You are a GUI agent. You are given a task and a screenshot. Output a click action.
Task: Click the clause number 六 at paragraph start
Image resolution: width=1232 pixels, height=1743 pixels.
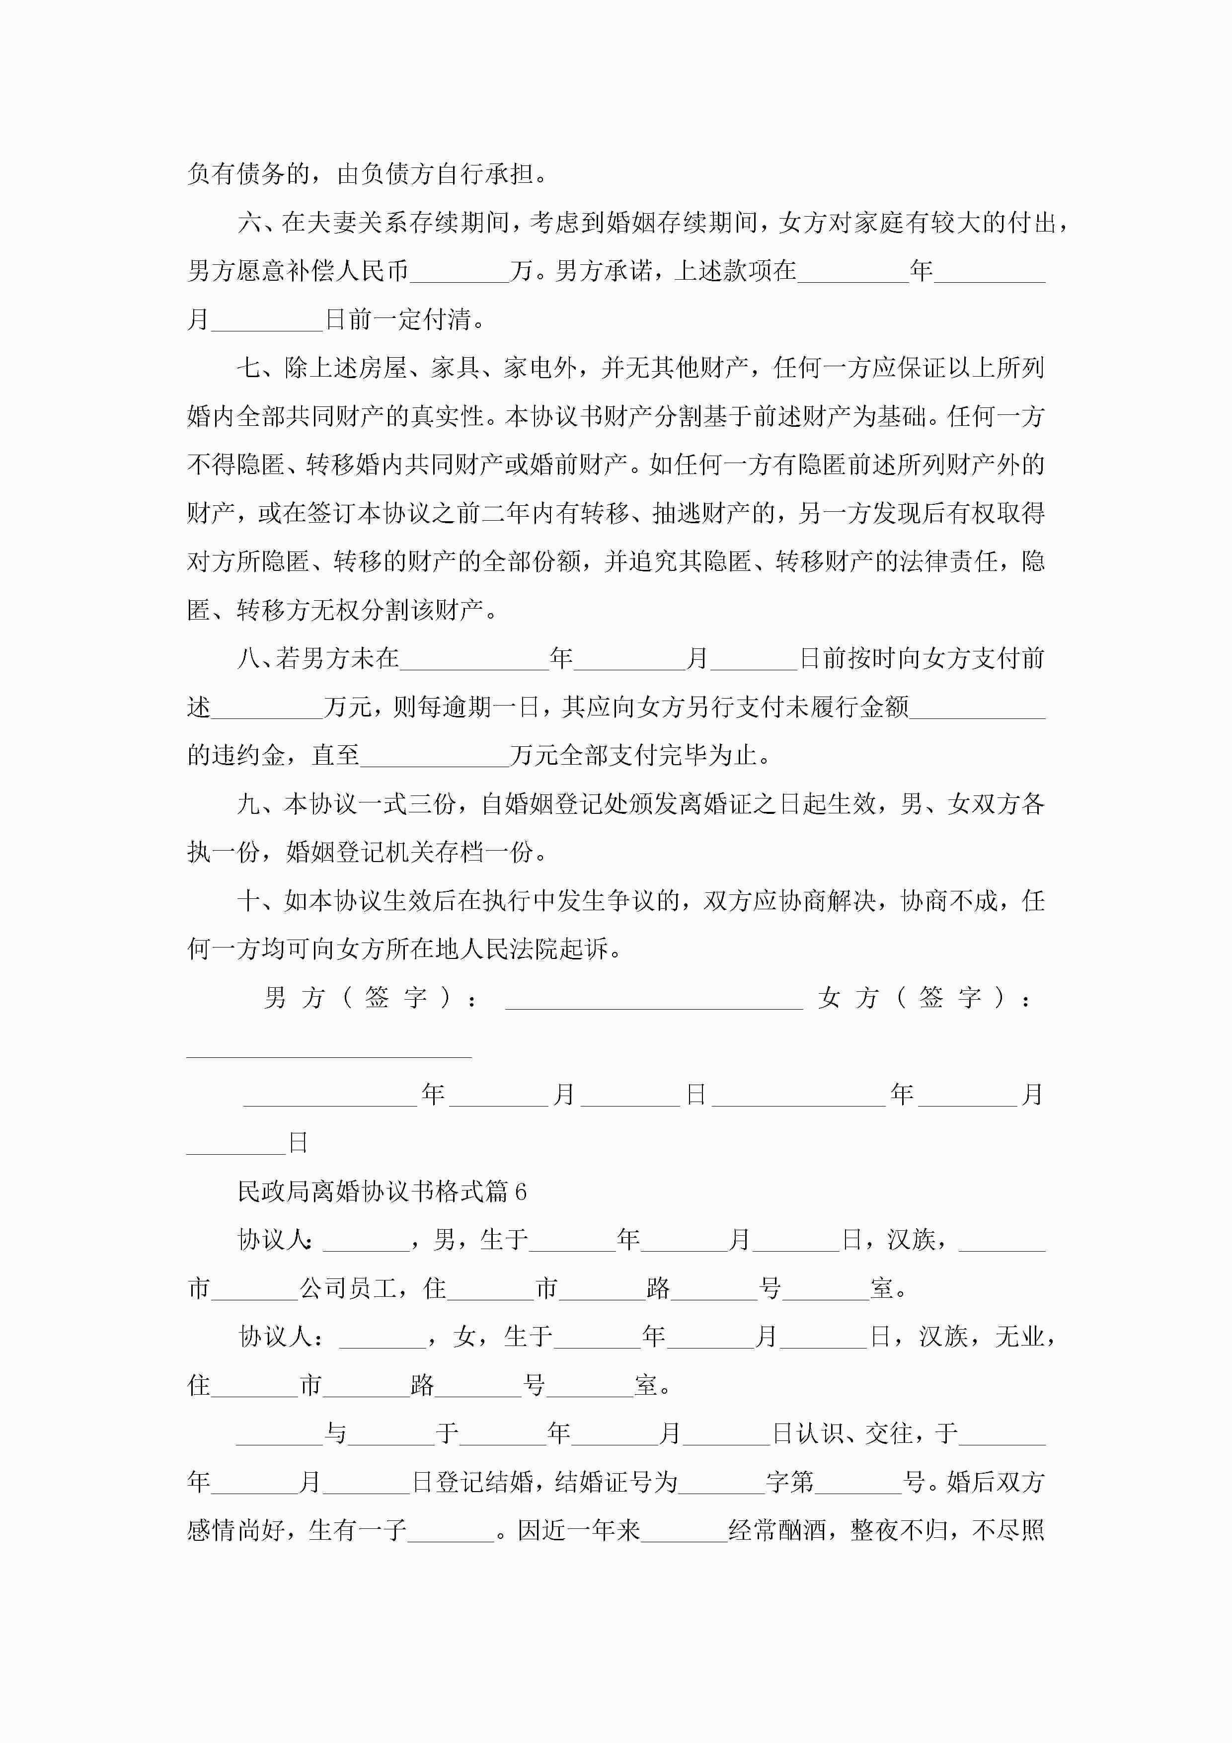point(249,223)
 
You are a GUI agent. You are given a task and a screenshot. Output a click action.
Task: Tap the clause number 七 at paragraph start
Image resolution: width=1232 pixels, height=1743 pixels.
point(249,368)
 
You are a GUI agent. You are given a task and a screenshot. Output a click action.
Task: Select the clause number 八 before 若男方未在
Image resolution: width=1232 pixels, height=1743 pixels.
point(249,658)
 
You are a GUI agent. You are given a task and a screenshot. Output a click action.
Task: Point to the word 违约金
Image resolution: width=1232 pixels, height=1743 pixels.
point(248,755)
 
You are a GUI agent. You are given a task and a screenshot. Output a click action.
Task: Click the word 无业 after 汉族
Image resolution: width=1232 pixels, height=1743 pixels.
point(1019,1337)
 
